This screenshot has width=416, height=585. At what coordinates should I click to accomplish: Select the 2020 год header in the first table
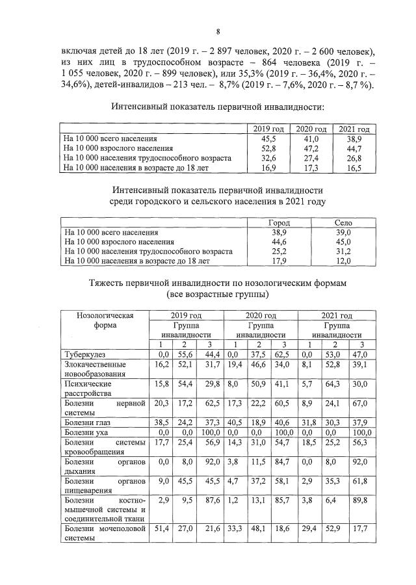(309, 129)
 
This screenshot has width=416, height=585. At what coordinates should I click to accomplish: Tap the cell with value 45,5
(268, 139)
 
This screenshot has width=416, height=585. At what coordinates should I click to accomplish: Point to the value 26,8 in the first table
(354, 159)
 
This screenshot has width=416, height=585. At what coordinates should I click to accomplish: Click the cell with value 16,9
(268, 168)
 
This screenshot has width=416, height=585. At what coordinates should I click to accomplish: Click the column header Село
(343, 222)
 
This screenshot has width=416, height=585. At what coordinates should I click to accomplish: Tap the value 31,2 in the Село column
(343, 252)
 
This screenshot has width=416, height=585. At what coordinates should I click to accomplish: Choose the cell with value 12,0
(343, 261)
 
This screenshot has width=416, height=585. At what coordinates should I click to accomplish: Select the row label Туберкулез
(83, 354)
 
